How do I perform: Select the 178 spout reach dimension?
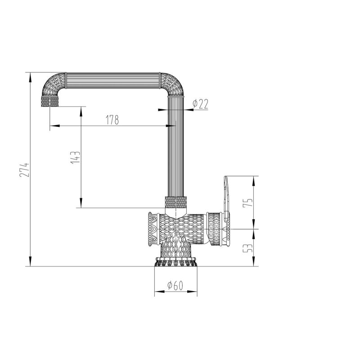[x=112, y=120]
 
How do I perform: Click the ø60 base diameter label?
[x=175, y=285]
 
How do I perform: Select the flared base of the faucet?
[x=175, y=261]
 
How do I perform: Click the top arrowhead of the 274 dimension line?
[x=30, y=76]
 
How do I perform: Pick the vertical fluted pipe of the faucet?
[x=176, y=148]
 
